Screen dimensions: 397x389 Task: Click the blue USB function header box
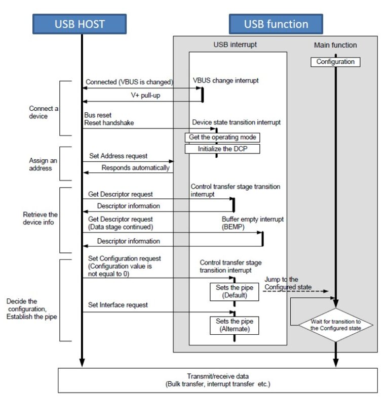coord(276,24)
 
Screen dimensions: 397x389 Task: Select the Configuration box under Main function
coord(335,62)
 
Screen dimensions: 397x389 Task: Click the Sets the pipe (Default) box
coord(234,291)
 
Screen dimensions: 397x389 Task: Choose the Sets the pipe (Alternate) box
coord(234,325)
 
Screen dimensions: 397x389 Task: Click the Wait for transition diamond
coord(335,324)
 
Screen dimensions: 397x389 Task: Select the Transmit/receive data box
coord(218,380)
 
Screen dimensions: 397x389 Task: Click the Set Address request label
coord(119,156)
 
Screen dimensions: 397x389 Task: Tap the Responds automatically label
coord(136,168)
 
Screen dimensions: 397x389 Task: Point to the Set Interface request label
coord(119,305)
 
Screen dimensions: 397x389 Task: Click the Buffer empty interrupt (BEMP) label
coord(252,223)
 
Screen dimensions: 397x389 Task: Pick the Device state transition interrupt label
coord(236,122)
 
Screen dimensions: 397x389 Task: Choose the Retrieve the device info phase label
coord(41,218)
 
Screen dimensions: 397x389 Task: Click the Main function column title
coord(335,45)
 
